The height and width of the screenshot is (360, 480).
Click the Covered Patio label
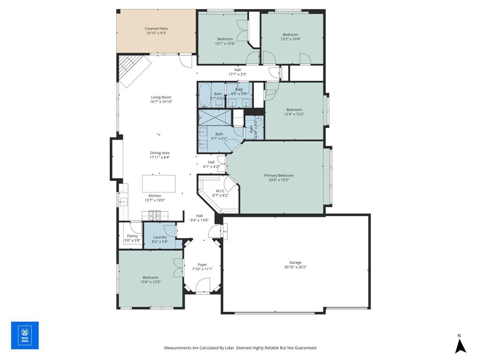156,29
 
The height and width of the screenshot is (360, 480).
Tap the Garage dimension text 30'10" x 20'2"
295,267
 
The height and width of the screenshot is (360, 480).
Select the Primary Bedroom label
279,175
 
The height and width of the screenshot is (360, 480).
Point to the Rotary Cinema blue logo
25,335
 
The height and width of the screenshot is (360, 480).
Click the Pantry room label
132,236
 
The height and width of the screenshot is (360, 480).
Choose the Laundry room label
160,237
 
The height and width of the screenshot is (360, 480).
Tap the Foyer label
202,264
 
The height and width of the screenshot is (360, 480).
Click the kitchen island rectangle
159,183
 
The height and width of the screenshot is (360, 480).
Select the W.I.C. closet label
220,190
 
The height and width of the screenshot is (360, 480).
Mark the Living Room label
161,97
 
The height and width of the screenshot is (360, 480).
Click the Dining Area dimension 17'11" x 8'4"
159,157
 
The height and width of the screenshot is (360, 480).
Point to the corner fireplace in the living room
133,70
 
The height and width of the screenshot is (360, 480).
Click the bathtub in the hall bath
205,96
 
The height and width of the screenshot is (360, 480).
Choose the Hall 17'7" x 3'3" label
237,69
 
